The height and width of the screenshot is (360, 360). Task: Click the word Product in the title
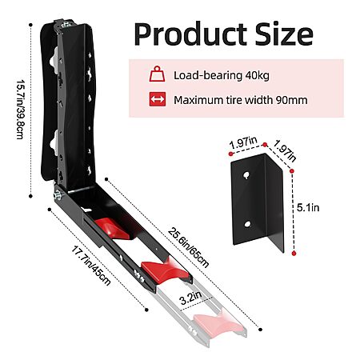190,34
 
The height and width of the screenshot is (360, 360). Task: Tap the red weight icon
157,74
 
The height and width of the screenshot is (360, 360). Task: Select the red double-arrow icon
158,99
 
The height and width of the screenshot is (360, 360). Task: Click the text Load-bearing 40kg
222,75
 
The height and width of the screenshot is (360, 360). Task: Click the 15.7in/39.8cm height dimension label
21,109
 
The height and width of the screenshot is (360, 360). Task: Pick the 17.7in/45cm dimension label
91,266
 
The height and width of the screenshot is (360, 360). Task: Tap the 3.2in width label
190,298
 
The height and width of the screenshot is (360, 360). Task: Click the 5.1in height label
308,207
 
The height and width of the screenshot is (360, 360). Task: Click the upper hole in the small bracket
246,175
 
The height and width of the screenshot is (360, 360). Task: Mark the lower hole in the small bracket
247,224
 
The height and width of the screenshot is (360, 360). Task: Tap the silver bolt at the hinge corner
57,195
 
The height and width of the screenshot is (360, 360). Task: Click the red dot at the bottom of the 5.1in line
294,254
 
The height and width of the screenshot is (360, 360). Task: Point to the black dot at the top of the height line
30,25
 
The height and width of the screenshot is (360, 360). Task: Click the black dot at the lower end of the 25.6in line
261,330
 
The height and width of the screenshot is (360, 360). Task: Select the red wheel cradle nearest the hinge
111,228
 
